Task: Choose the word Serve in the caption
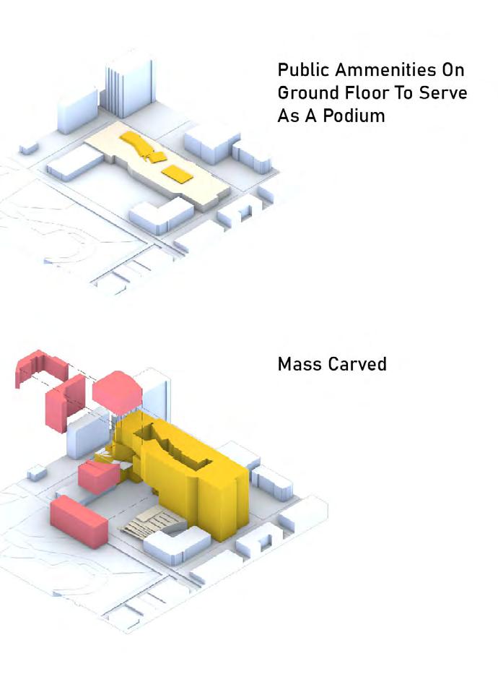(443, 93)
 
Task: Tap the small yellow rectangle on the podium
(178, 173)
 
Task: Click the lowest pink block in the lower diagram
(78, 520)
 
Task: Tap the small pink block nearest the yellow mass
(99, 476)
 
